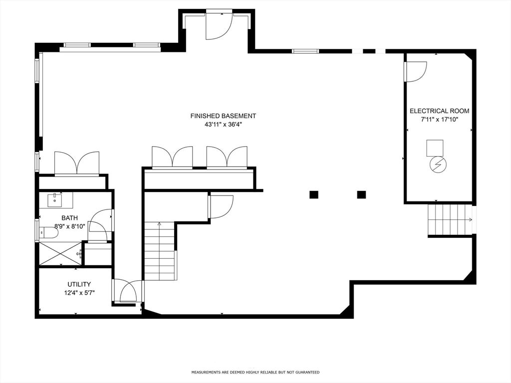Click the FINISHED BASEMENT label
[x=223, y=116]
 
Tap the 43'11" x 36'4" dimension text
[x=223, y=125]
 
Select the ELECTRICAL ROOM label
[x=439, y=111]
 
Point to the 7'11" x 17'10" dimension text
[x=439, y=119]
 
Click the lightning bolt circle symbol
[x=438, y=165]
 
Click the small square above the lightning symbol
[x=435, y=148]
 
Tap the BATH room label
[x=69, y=218]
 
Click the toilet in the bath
[x=48, y=232]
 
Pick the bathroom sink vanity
[x=56, y=200]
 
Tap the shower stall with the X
[x=60, y=253]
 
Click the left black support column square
[x=313, y=195]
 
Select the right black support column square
[x=361, y=195]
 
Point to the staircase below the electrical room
[x=449, y=219]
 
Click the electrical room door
[x=415, y=71]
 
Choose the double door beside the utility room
[x=128, y=291]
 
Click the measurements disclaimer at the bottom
[x=255, y=372]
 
